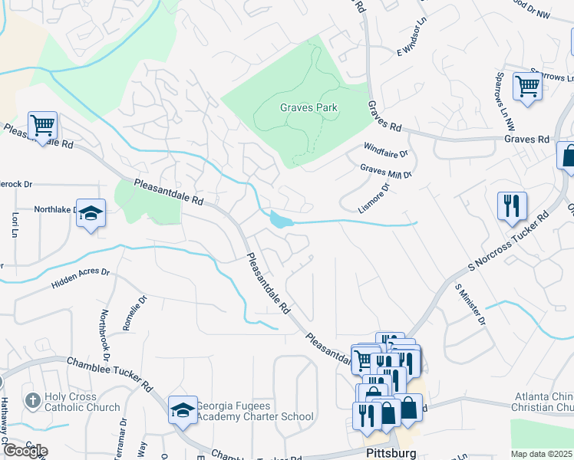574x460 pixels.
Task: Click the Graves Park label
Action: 308,108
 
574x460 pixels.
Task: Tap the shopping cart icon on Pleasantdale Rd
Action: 42,124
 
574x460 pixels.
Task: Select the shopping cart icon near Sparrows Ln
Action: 527,86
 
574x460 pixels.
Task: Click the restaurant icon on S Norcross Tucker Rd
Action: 511,205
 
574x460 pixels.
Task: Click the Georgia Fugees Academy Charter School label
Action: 255,412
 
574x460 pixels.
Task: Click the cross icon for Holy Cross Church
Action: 32,400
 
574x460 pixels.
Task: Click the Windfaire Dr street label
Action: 386,149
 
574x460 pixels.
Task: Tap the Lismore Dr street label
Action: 374,197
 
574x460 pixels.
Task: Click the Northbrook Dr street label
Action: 106,337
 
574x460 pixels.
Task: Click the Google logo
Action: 25,451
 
